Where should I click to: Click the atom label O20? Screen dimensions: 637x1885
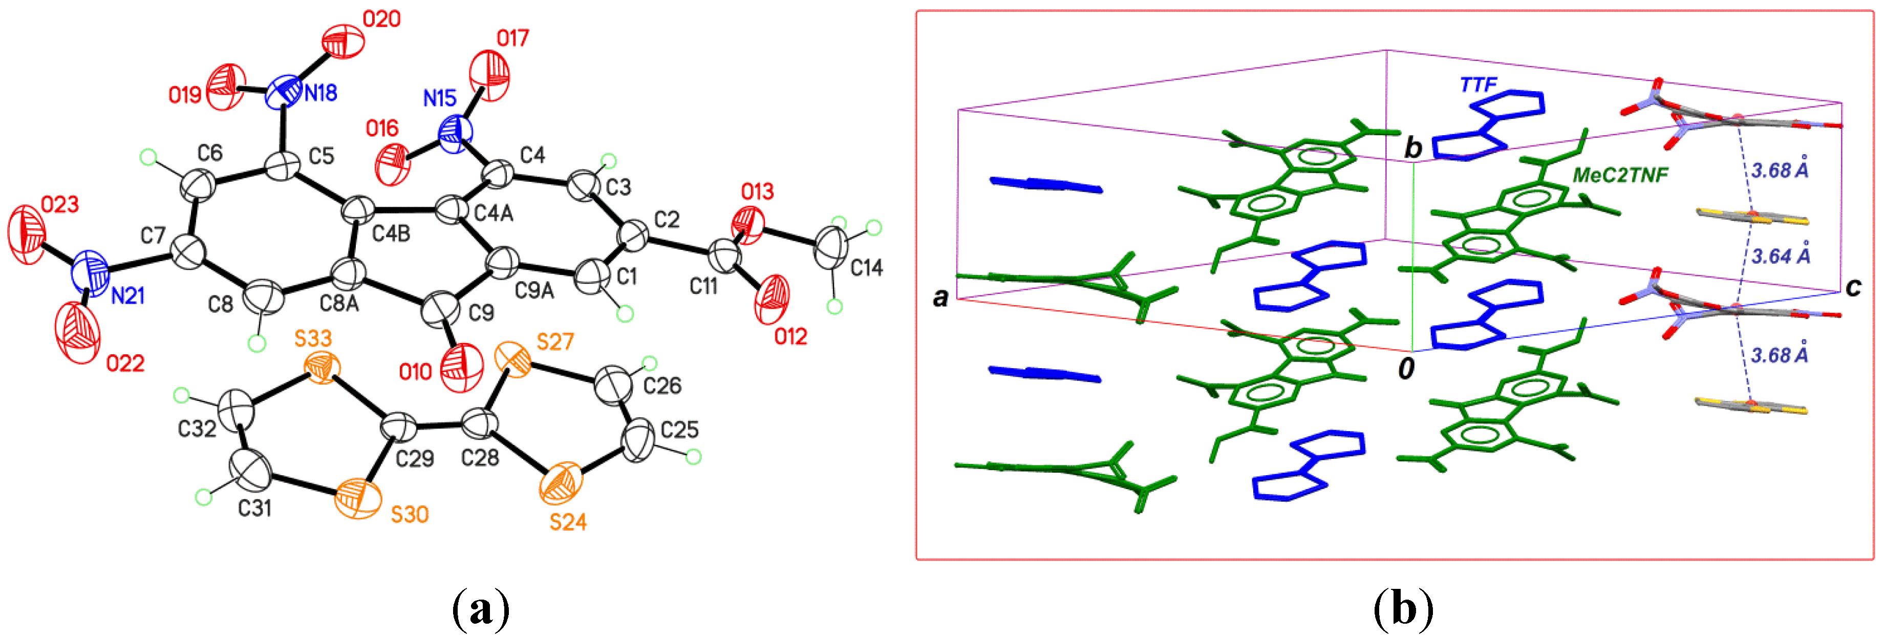(381, 19)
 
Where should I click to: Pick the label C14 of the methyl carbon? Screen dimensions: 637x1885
(866, 269)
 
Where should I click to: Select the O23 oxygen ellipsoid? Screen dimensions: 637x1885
(26, 235)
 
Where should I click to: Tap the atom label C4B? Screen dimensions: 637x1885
(392, 235)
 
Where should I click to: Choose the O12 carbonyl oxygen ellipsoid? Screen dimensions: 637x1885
(772, 300)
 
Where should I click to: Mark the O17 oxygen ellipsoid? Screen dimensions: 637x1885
(489, 75)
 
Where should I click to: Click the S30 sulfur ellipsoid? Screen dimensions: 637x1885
(358, 499)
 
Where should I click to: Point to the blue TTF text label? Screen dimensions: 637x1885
(1478, 85)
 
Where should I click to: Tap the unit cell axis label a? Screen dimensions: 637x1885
(941, 296)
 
